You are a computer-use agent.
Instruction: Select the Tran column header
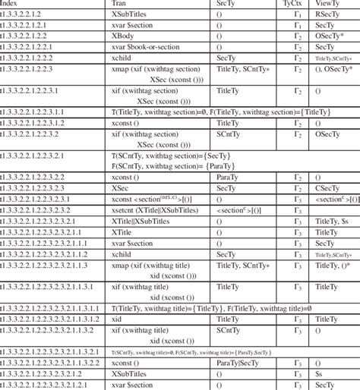tap(120, 5)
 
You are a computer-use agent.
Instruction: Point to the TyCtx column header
tap(291, 5)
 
